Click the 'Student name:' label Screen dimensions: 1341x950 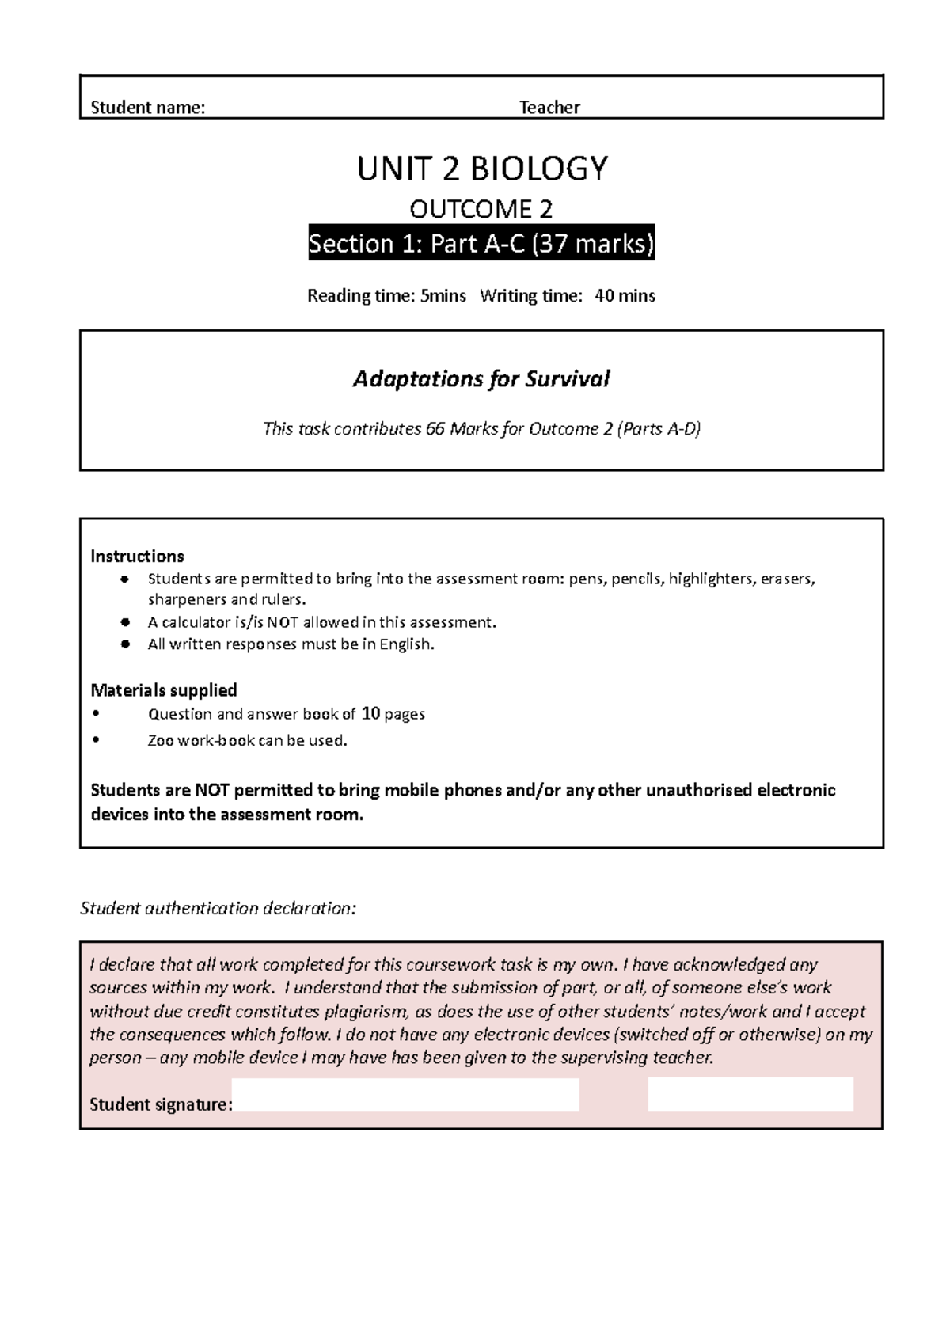tap(148, 108)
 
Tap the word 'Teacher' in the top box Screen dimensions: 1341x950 tap(549, 108)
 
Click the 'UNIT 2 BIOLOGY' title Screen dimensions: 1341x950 tap(482, 169)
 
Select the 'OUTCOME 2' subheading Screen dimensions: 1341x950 tap(481, 209)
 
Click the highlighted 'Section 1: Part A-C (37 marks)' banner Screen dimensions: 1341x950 tap(481, 244)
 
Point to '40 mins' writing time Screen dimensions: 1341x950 tap(625, 296)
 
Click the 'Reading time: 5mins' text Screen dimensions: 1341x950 tap(386, 296)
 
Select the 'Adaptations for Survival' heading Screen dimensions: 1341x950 tap(481, 379)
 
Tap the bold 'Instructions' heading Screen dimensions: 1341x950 tap(137, 556)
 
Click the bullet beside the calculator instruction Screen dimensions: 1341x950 tap(124, 622)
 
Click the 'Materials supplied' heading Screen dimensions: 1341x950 tap(164, 689)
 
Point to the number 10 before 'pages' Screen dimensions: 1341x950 tap(370, 713)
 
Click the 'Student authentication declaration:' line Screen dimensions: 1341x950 tap(218, 908)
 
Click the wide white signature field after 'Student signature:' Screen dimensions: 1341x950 tap(406, 1095)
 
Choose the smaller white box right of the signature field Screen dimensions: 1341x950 tap(750, 1095)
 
